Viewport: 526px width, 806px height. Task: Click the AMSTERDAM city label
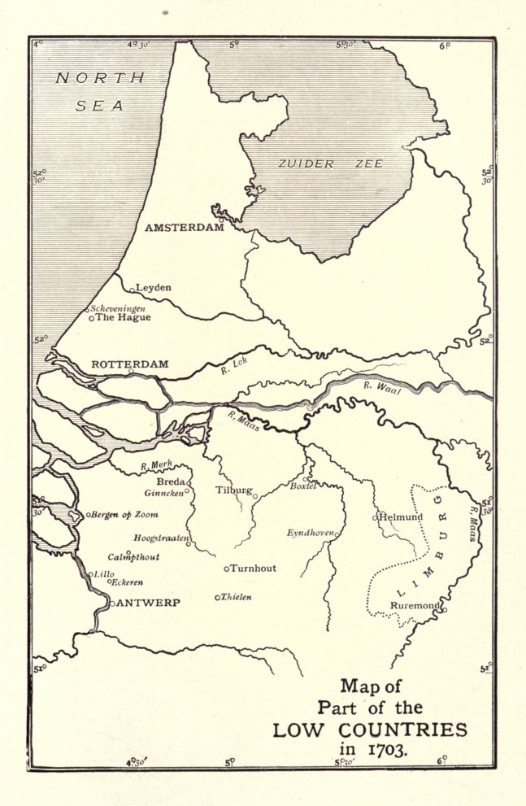pos(184,228)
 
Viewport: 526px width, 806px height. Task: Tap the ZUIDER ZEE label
pos(330,163)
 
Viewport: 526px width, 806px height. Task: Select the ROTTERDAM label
pos(130,364)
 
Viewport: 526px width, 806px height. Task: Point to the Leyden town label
pos(154,287)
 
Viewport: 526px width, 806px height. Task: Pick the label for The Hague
pos(123,318)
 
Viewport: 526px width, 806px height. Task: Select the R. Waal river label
pos(382,389)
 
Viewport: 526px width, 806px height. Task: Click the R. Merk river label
pos(157,465)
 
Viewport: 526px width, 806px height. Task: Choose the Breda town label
pos(171,481)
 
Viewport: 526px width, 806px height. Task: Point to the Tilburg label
pos(233,490)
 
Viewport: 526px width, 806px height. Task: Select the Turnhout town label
pos(254,568)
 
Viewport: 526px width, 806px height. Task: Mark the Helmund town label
pos(402,516)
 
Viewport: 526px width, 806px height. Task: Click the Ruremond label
pos(415,606)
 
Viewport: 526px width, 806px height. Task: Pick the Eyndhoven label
pos(310,533)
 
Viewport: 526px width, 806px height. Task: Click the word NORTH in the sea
pos(99,78)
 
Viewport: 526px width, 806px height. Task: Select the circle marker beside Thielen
pos(217,598)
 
